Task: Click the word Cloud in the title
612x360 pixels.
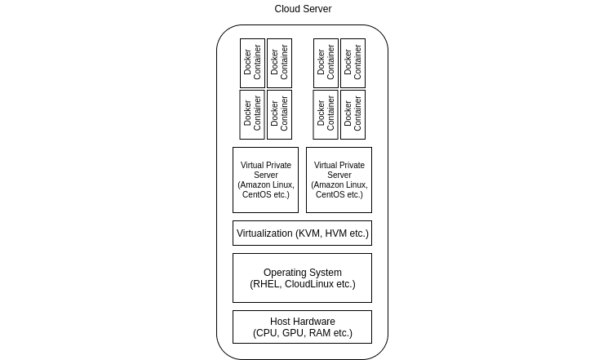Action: (x=287, y=9)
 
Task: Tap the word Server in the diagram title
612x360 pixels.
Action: (x=317, y=9)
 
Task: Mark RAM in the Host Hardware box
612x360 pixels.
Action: (x=321, y=333)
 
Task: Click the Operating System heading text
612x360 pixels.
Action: (x=302, y=273)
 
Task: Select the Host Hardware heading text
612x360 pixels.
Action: (x=302, y=321)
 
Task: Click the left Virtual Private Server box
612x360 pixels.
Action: (x=265, y=180)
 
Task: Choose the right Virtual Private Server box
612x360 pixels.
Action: (x=339, y=180)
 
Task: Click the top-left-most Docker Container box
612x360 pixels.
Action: (x=252, y=64)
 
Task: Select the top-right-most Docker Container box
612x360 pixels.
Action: (x=353, y=64)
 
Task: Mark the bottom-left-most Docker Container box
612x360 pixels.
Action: (x=252, y=114)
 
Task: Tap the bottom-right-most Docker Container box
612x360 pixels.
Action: (x=353, y=114)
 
